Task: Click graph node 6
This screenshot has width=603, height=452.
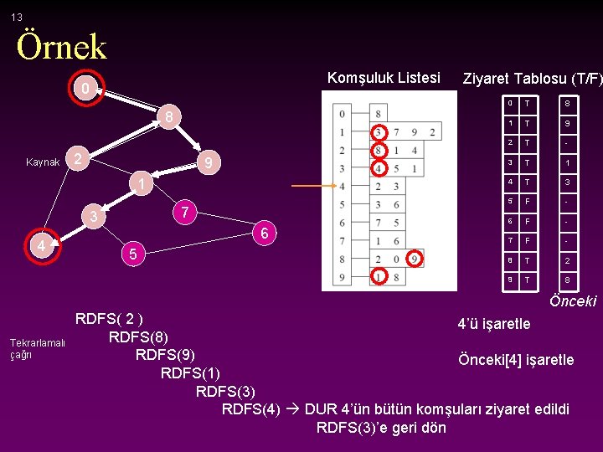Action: pyautogui.click(x=264, y=234)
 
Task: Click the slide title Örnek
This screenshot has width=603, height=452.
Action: pyautogui.click(x=61, y=47)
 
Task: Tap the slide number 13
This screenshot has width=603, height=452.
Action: pyautogui.click(x=17, y=17)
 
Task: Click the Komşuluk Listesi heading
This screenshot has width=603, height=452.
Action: pyautogui.click(x=383, y=78)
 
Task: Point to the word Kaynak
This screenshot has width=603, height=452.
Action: pyautogui.click(x=43, y=162)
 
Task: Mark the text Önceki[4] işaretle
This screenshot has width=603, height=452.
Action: pyautogui.click(x=516, y=360)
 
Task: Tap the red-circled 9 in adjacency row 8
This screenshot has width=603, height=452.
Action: pyautogui.click(x=417, y=259)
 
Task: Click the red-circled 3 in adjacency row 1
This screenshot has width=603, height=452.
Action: pyautogui.click(x=379, y=132)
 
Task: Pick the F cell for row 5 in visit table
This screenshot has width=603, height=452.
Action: pyautogui.click(x=528, y=201)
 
